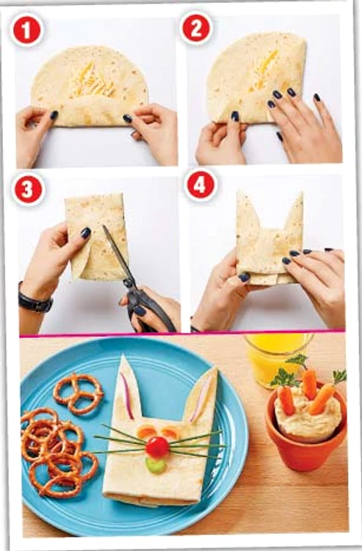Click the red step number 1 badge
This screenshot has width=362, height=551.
[27, 31]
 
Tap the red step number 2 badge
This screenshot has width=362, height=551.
[196, 29]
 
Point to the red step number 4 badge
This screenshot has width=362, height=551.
[199, 185]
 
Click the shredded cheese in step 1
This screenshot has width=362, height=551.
[90, 81]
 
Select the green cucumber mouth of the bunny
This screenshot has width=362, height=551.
[156, 464]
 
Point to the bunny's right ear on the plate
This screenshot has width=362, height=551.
[202, 397]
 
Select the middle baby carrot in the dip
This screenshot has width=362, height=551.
[309, 383]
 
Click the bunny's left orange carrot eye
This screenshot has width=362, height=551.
[146, 431]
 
